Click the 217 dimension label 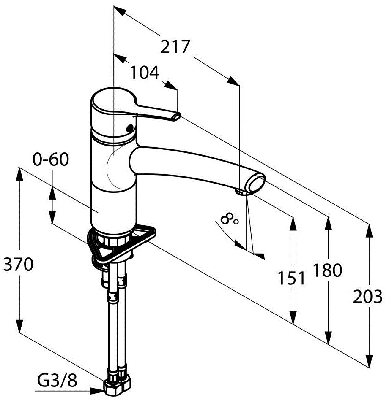pyautogui.click(x=175, y=47)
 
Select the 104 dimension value pyautogui.click(x=145, y=73)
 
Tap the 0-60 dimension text pyautogui.click(x=51, y=159)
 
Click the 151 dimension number pyautogui.click(x=291, y=278)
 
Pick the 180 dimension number pyautogui.click(x=327, y=270)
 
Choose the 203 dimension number pyautogui.click(x=367, y=297)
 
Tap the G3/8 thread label pyautogui.click(x=57, y=381)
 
